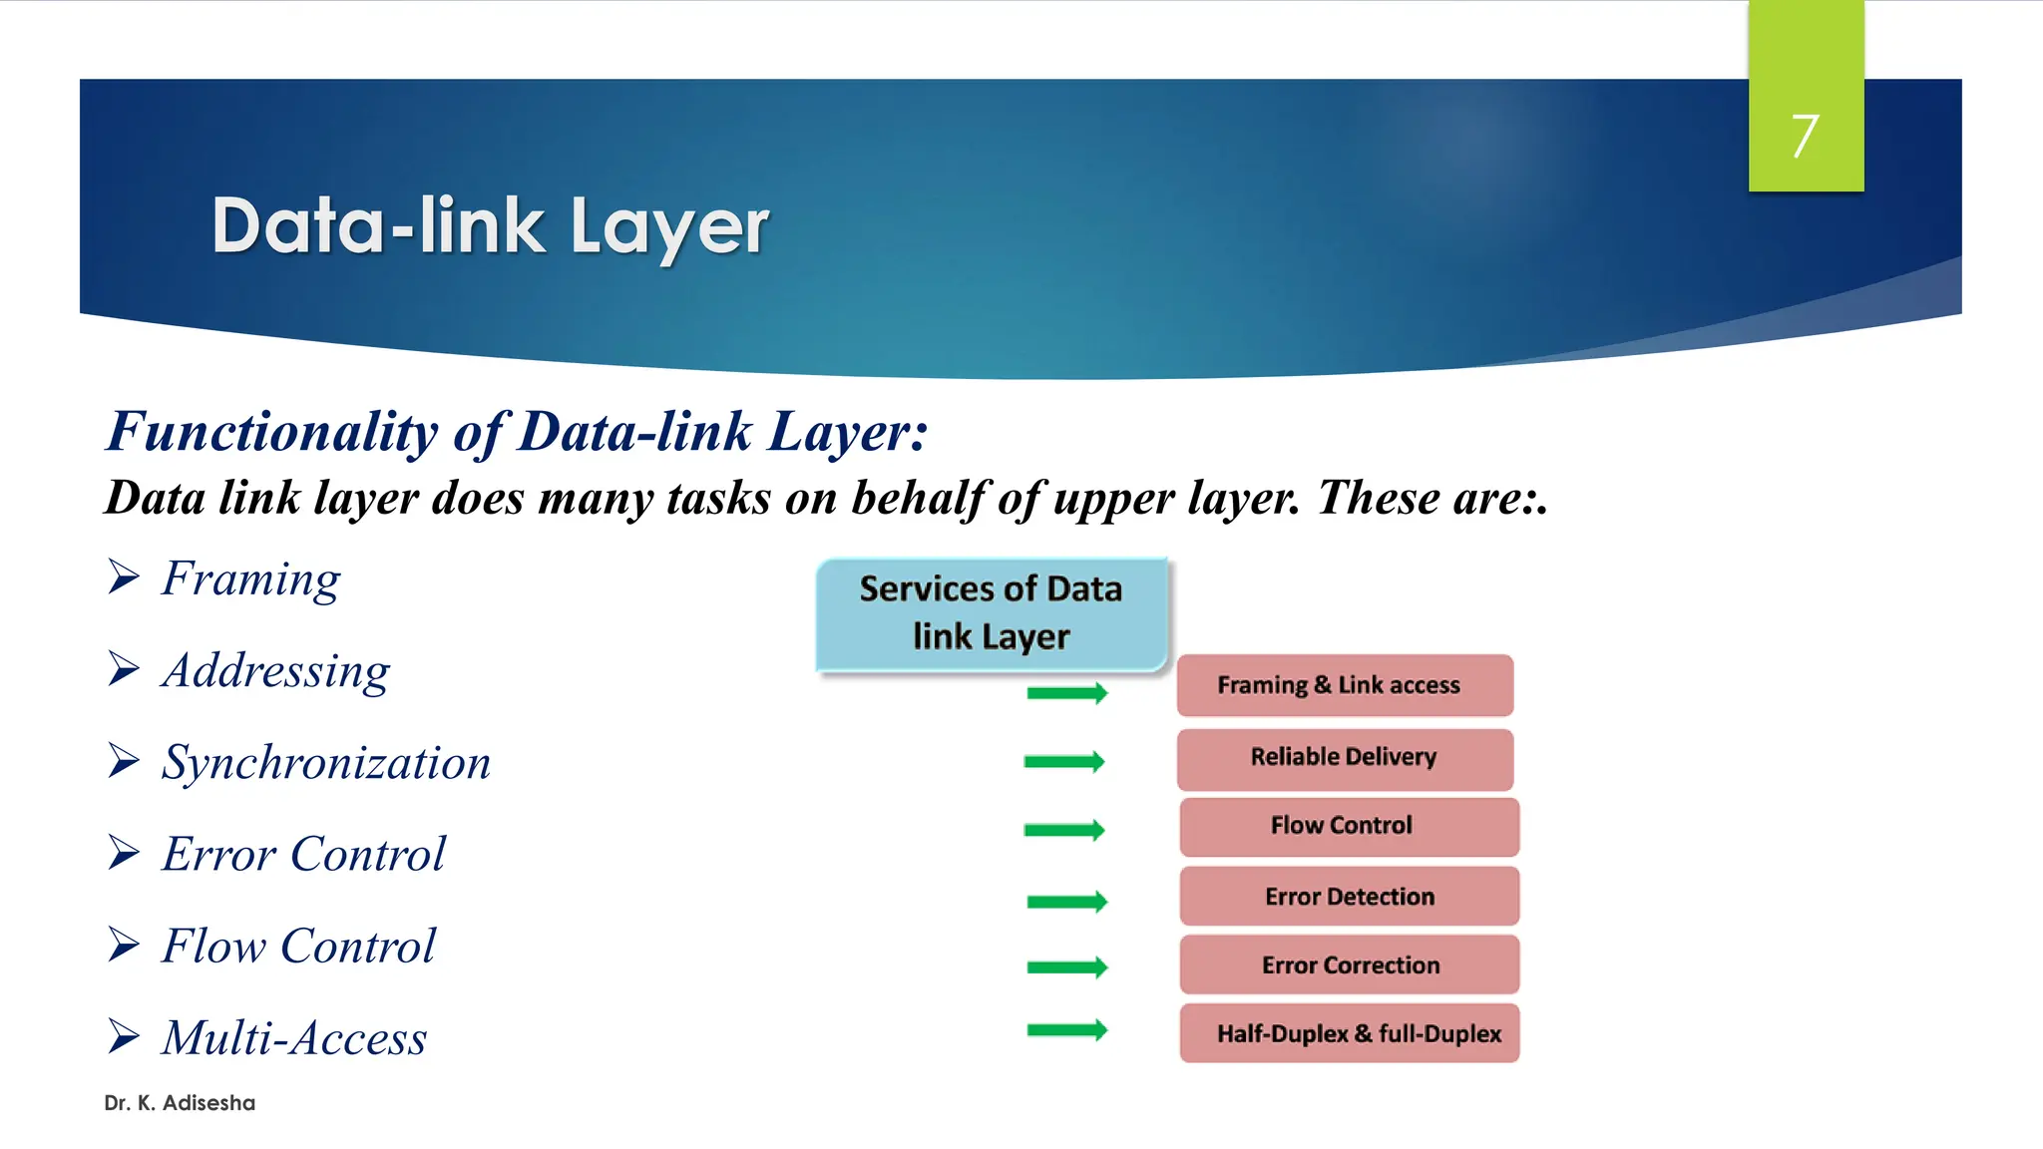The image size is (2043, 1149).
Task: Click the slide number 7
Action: pos(1805,136)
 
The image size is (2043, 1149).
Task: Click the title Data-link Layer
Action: pos(490,226)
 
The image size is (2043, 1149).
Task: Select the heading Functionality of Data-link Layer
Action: pos(517,432)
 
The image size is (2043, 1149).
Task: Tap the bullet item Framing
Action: pos(250,578)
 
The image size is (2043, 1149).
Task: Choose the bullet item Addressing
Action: pos(275,670)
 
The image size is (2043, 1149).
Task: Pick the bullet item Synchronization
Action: pos(326,763)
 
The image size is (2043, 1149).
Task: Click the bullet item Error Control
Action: pos(303,855)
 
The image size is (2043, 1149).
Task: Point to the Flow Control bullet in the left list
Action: pos(298,947)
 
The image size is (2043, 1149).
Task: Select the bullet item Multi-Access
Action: pos(294,1038)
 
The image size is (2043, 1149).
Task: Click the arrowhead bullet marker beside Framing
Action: pos(124,576)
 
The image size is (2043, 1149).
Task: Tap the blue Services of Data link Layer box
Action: pos(991,613)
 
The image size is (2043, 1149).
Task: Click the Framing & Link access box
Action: pos(1344,685)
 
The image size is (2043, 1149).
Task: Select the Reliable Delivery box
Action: pos(1344,758)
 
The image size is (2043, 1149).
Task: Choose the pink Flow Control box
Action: pos(1348,826)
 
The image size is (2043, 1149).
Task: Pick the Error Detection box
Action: pos(1349,896)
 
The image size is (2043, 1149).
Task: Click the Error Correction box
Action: pos(1349,964)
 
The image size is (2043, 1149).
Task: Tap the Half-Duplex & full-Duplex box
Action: pos(1349,1033)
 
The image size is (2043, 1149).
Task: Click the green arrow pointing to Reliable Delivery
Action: pos(1064,762)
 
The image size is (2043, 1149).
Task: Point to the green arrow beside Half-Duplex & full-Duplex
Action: pos(1066,1030)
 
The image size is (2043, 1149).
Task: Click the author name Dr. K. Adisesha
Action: pos(180,1103)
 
